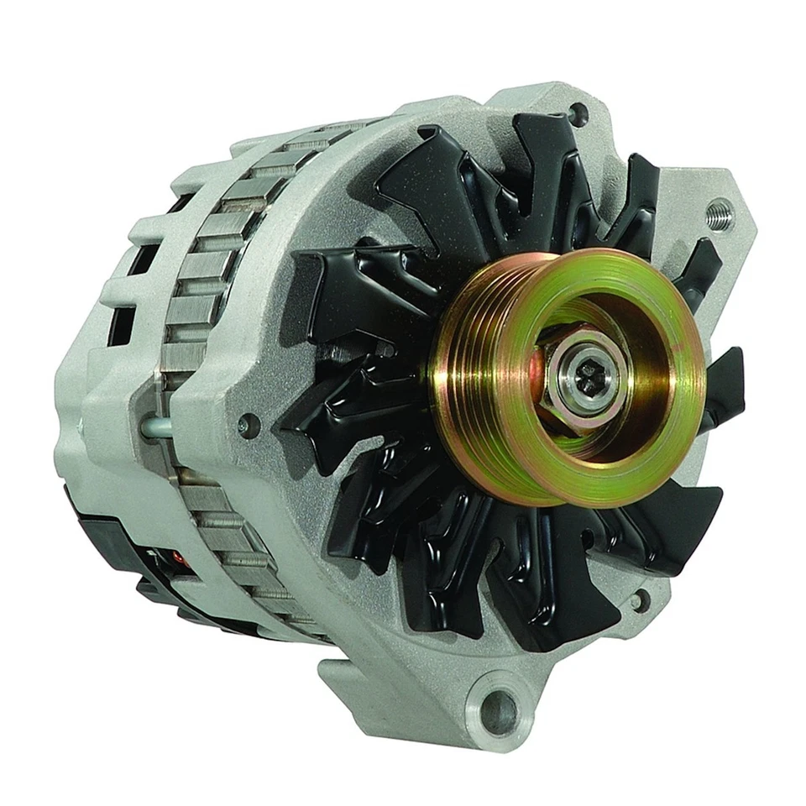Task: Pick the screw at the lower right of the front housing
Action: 640,599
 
